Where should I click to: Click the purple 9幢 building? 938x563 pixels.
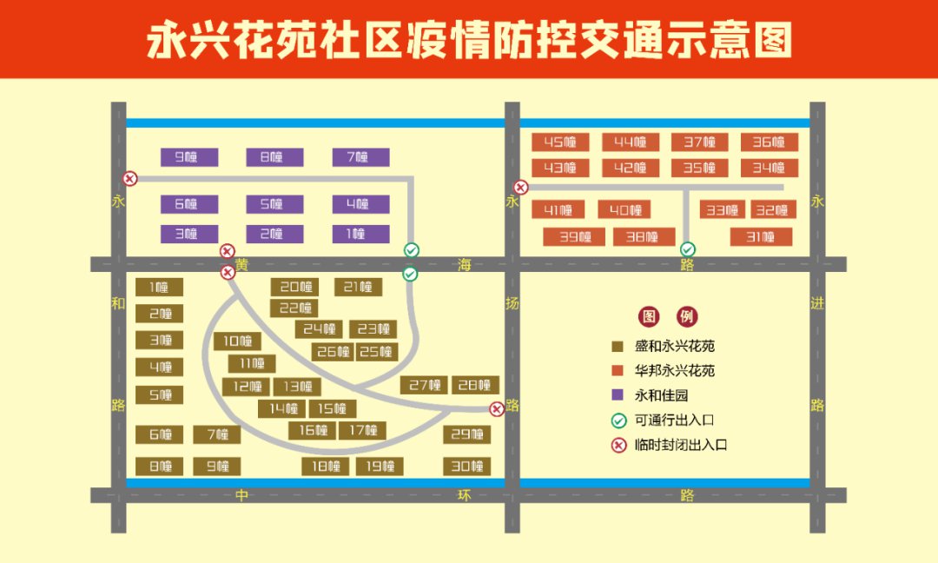click(189, 157)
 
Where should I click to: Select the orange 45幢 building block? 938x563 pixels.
click(560, 142)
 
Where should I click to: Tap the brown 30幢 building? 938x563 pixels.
click(467, 466)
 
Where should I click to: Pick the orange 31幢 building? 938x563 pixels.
click(761, 237)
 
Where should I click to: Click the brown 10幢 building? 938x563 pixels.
click(237, 341)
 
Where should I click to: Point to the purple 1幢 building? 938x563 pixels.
click(360, 234)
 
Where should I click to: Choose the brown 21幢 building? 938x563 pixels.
click(359, 288)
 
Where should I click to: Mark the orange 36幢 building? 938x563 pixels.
click(770, 142)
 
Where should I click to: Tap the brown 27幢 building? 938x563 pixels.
click(424, 385)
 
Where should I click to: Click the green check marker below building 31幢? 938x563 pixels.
click(687, 248)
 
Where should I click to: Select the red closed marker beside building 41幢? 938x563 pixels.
click(521, 188)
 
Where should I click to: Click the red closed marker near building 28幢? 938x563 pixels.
click(497, 409)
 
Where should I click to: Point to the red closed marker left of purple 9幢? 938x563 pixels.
click(129, 178)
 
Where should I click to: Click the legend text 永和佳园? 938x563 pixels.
click(661, 395)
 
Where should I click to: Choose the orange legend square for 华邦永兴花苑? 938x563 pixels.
click(618, 370)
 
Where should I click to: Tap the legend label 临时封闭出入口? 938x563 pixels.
click(681, 445)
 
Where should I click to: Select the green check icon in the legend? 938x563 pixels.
click(618, 421)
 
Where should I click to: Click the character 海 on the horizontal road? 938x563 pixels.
click(464, 264)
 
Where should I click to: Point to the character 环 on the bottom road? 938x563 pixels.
click(464, 495)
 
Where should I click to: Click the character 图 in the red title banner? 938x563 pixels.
click(773, 40)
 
